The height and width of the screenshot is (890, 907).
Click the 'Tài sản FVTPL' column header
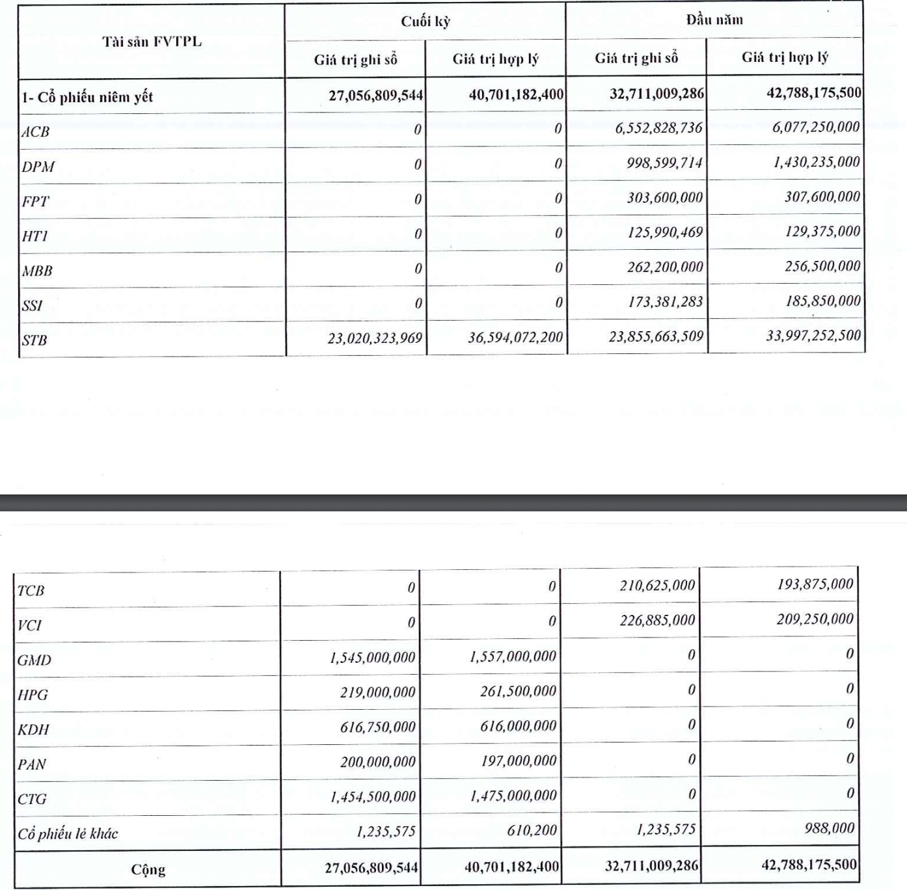point(152,42)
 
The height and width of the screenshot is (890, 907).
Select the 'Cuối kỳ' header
point(425,21)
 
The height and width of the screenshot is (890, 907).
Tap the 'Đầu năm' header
point(714,20)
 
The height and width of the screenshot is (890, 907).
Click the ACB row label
point(36,131)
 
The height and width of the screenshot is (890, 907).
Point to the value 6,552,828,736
point(658,128)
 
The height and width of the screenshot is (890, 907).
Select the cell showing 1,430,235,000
point(816,162)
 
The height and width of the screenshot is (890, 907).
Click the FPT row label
point(36,201)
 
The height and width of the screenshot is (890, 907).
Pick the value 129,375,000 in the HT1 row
point(822,232)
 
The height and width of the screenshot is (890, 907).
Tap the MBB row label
point(37,271)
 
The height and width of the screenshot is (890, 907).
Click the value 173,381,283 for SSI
point(665,302)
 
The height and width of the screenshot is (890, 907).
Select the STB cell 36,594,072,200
point(515,338)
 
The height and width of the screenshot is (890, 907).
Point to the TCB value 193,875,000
point(815,584)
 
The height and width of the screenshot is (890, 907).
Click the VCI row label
point(29,625)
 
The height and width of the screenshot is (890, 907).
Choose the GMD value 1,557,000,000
point(513,657)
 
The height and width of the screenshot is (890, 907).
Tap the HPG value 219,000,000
point(377,692)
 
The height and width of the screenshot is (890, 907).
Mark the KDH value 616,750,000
point(377,727)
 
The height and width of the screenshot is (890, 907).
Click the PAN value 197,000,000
point(519,761)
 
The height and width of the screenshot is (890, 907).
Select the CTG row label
point(32,799)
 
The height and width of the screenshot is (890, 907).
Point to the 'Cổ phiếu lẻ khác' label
point(68,833)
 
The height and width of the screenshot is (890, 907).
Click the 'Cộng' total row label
point(148,870)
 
